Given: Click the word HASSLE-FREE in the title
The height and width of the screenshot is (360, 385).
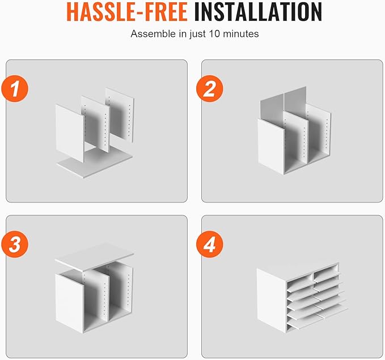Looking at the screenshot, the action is coord(127,11).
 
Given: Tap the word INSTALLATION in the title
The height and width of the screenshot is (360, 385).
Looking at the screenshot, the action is coord(258,11).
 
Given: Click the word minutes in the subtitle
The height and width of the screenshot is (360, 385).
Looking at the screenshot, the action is coord(240,33).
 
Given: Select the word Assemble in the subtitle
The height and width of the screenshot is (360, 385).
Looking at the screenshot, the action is coord(154,33).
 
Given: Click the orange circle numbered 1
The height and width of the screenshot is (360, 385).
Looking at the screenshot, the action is coord(15,88).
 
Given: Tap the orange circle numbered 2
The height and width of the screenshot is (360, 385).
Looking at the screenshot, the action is coord(210,88).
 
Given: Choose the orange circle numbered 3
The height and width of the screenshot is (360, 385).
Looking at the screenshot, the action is coord(15,244).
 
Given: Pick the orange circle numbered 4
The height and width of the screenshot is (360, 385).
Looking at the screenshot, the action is coord(210,244).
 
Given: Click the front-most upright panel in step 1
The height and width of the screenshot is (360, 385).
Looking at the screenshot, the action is coord(70,133).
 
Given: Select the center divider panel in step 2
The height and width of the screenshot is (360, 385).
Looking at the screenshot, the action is coord(296,138).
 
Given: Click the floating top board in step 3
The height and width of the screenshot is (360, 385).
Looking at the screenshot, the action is coord(94,257).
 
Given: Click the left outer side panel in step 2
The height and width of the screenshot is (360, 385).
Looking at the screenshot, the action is coord(271,147).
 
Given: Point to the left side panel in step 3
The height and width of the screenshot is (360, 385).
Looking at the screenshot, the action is coord(70,303).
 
